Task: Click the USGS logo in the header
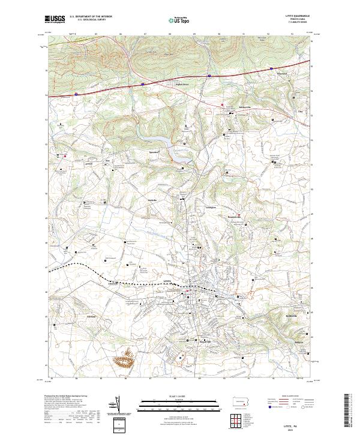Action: coord(55,19)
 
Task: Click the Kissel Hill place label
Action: coord(206,334)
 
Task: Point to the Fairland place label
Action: coord(92,314)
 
